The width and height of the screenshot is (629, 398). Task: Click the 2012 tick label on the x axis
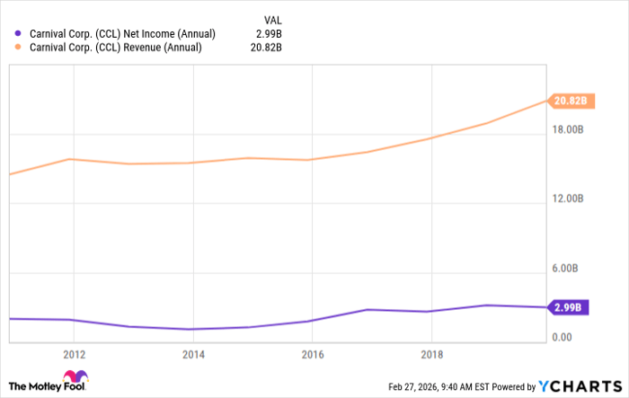pos(74,353)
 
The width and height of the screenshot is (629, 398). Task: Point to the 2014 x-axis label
pos(192,353)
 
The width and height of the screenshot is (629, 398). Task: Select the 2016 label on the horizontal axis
pos(312,353)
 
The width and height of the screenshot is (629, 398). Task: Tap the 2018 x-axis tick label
pos(431,353)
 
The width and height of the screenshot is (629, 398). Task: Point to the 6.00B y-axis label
pos(570,269)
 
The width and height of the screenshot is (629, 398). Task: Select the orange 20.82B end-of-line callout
pos(570,101)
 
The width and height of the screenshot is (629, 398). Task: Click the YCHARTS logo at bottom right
pos(579,386)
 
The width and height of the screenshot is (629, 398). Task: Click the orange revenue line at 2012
pos(74,159)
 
